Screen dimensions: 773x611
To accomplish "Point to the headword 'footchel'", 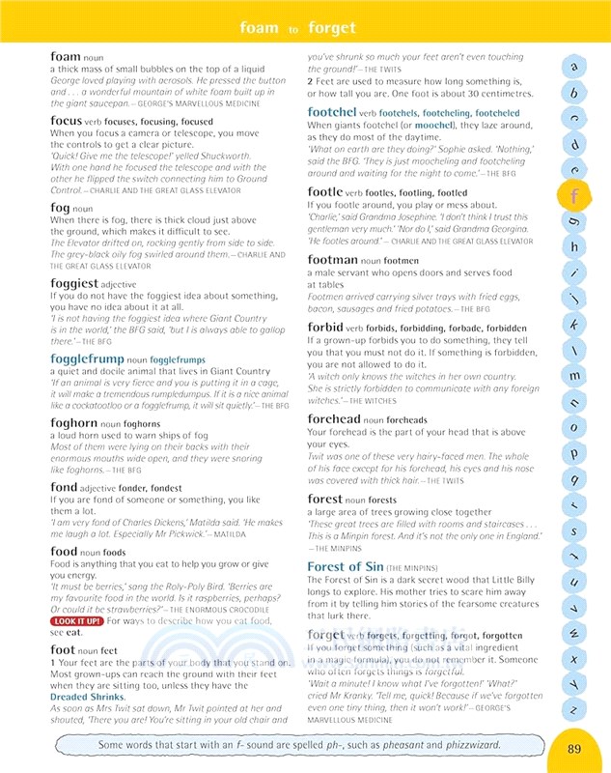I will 331,112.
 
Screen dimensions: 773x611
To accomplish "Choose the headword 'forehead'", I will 334,418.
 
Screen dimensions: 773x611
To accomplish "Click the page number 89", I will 574,748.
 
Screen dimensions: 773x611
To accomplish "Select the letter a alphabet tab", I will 573,68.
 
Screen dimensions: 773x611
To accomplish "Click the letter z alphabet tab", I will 573,709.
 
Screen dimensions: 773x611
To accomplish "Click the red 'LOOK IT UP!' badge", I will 76,620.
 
